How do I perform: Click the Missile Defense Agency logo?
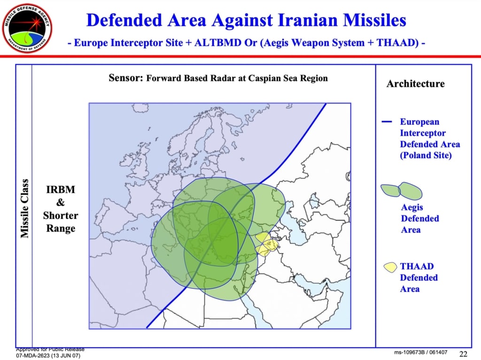(27, 28)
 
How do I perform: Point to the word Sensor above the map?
(126, 78)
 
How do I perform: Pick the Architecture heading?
(415, 84)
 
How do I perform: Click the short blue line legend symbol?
(387, 122)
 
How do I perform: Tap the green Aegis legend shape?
(401, 191)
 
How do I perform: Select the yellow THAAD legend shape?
(390, 267)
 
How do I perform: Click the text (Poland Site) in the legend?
(426, 155)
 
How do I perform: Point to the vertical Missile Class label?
(24, 208)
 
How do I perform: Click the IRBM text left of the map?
(61, 190)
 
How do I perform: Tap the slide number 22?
(463, 354)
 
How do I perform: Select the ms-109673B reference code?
(410, 352)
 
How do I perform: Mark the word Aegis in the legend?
(411, 207)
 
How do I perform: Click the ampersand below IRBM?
(61, 202)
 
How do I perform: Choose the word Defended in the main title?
(124, 20)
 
